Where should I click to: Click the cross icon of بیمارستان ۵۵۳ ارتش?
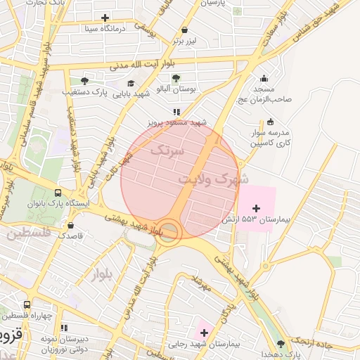pos(255,208)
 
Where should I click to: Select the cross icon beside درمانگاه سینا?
pos(105,18)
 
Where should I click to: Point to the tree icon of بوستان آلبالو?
pos(175,78)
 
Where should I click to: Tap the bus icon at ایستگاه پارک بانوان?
pos(57,193)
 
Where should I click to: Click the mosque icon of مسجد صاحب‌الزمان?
pos(264,79)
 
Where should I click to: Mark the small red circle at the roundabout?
pos(167,231)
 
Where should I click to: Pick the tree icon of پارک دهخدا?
pos(281,343)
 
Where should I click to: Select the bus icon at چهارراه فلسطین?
pos(27,305)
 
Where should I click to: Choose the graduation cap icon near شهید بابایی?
pos(131,83)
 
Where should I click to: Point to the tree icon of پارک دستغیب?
pos(84,82)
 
